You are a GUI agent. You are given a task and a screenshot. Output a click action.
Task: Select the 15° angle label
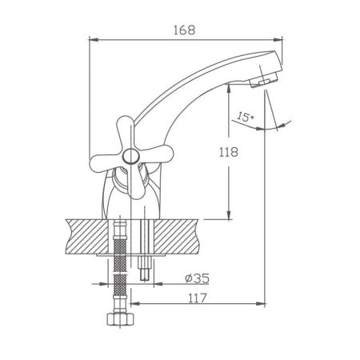pos(245,117)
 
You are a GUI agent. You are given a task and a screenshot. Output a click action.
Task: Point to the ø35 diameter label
pos(197,279)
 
